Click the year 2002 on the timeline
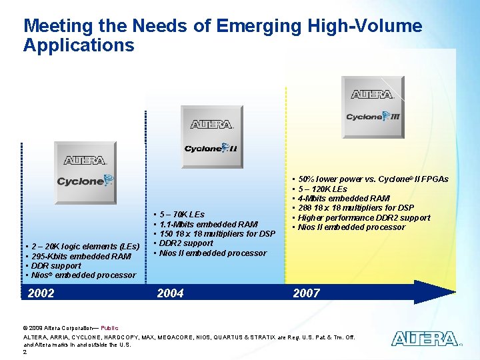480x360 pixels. pyautogui.click(x=41, y=293)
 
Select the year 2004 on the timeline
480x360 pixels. pyautogui.click(x=170, y=293)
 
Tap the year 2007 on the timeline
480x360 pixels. pyautogui.click(x=307, y=293)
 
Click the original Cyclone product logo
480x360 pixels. pyautogui.click(x=85, y=171)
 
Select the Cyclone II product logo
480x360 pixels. pyautogui.click(x=211, y=136)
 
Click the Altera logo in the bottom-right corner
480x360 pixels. pyautogui.click(x=424, y=339)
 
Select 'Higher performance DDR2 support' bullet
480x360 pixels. pyautogui.click(x=364, y=217)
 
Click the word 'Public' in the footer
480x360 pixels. pyautogui.click(x=110, y=328)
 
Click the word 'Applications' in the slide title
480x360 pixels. pyautogui.click(x=79, y=45)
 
